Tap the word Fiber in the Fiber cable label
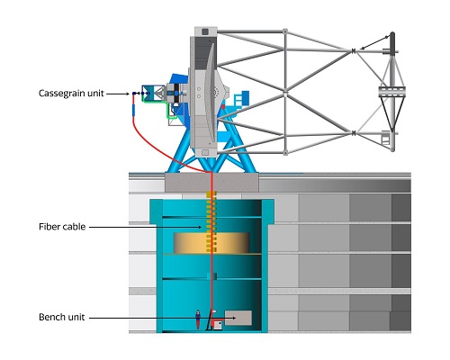pyautogui.click(x=48, y=227)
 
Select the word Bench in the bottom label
pyautogui.click(x=51, y=317)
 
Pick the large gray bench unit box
pyautogui.click(x=238, y=318)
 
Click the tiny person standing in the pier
pyautogui.click(x=198, y=319)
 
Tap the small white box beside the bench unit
pyautogui.click(x=218, y=325)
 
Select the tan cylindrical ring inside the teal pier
pyautogui.click(x=211, y=243)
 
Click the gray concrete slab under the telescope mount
pyautogui.click(x=211, y=183)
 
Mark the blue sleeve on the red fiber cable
pyautogui.click(x=133, y=110)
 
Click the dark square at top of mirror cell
pyautogui.click(x=205, y=31)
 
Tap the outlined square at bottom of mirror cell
pyautogui.click(x=205, y=153)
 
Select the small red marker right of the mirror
pyautogui.click(x=223, y=106)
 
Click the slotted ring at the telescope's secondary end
pyautogui.click(x=391, y=92)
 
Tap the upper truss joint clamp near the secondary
pyautogui.click(x=354, y=51)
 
